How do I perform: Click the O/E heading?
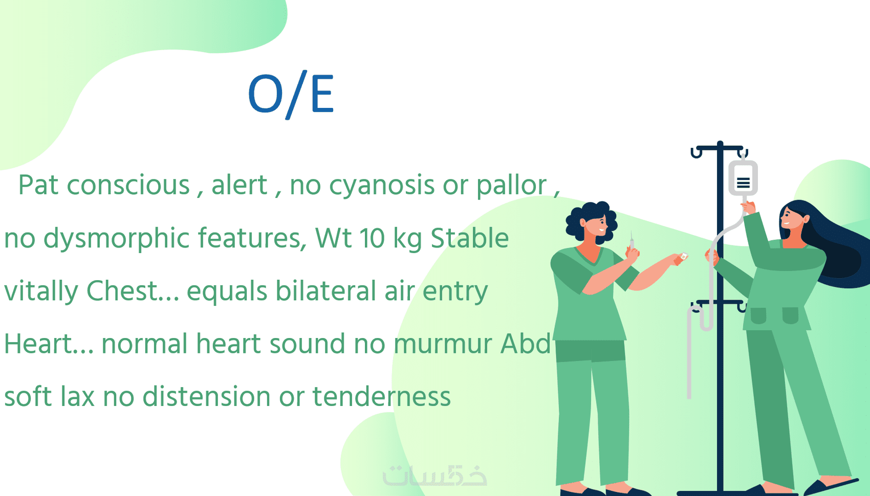tap(291, 95)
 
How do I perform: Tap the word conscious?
tap(128, 186)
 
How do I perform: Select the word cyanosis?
tap(382, 186)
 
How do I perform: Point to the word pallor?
tap(512, 186)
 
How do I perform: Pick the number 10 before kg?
tap(372, 238)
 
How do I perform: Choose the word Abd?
tap(526, 344)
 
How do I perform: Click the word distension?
tap(206, 396)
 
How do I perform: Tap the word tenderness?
tap(381, 396)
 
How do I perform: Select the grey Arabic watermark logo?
tap(434, 476)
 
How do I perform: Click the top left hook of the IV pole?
tap(697, 153)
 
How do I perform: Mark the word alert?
tap(240, 186)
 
